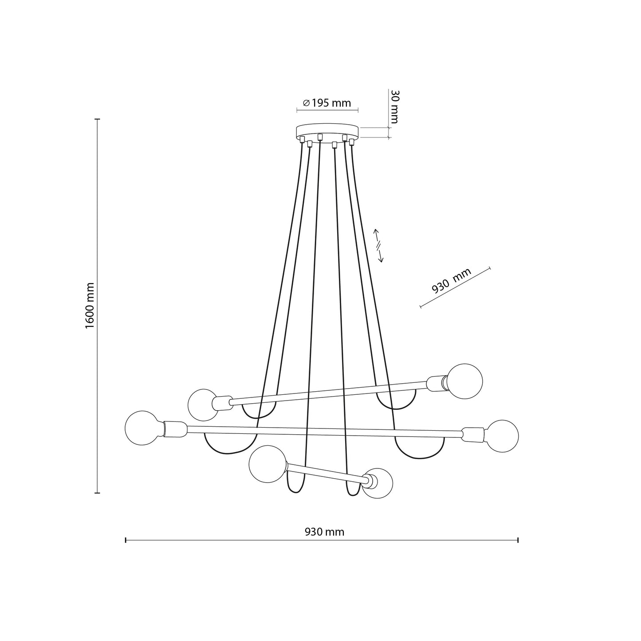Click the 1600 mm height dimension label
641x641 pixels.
pos(90,305)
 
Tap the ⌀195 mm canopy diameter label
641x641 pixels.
pos(327,103)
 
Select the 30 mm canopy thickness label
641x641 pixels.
pos(394,106)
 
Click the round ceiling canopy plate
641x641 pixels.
pos(328,132)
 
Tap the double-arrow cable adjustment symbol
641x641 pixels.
pos(378,245)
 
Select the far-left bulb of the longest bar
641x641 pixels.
pos(145,428)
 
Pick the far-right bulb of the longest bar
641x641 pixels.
pos(502,436)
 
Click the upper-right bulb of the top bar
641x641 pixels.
pos(465,381)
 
